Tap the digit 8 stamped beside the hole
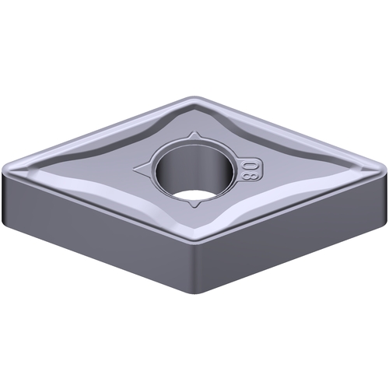click(247, 176)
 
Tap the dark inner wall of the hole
click(194, 166)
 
